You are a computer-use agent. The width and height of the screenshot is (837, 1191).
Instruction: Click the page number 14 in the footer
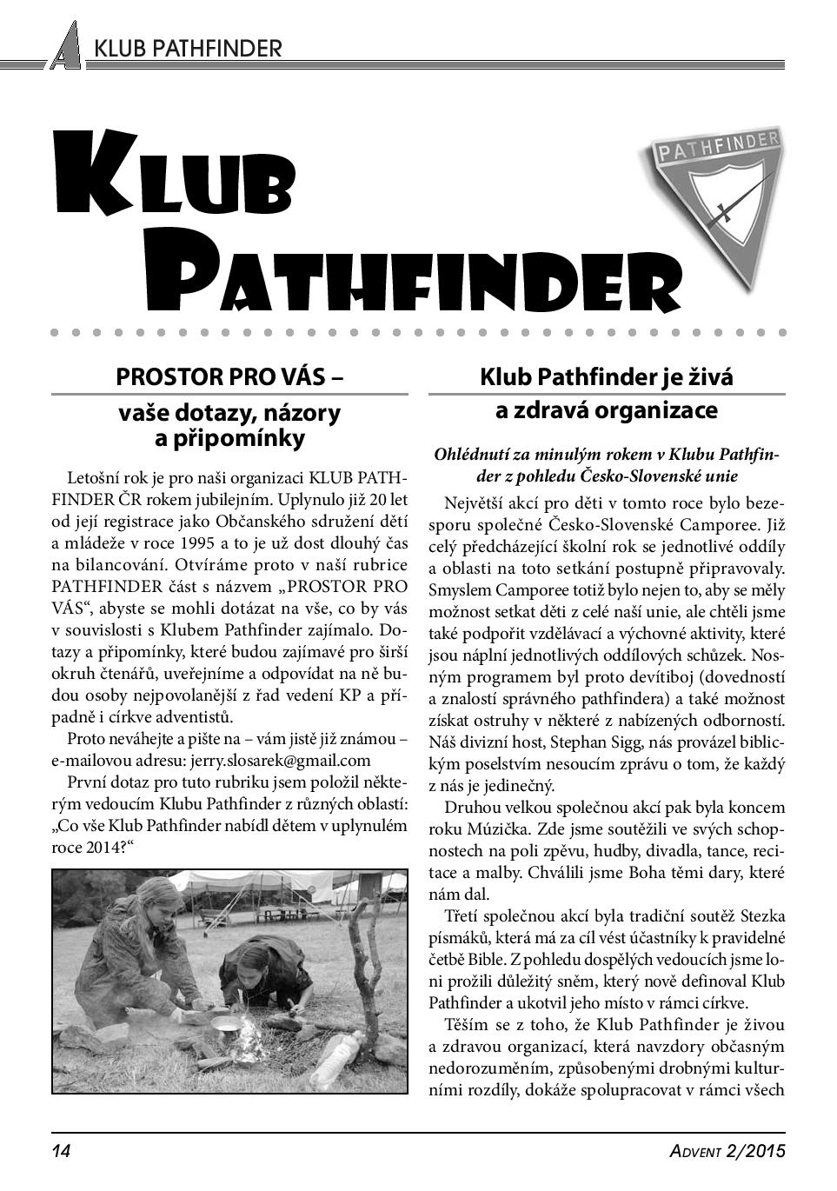[x=61, y=1151]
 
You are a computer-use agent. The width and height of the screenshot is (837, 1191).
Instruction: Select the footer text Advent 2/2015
[x=727, y=1151]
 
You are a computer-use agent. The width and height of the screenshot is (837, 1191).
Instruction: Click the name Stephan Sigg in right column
[x=575, y=742]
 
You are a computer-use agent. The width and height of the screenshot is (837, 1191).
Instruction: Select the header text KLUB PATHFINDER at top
[x=188, y=48]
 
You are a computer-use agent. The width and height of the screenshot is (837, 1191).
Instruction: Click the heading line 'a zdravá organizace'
[x=606, y=410]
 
